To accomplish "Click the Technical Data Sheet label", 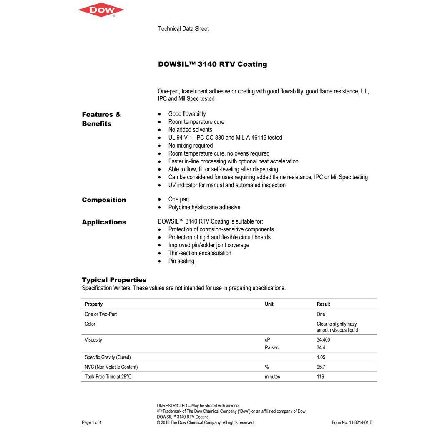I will click(183, 29).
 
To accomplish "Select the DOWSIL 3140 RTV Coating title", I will click(212, 64).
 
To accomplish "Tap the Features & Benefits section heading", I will click(101, 119).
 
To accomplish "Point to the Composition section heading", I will click(104, 200).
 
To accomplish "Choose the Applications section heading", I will click(104, 222).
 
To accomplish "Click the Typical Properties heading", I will click(114, 280).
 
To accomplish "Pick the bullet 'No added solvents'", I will click(190, 130).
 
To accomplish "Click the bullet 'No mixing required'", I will click(191, 146).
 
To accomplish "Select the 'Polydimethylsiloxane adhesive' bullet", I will click(204, 207).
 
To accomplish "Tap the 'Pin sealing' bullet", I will click(181, 261).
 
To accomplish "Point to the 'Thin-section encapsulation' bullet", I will click(200, 253).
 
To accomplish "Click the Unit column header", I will click(269, 304).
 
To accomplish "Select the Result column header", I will click(323, 304).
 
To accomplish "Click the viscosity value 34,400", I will click(323, 340).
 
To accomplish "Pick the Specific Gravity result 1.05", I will click(321, 357).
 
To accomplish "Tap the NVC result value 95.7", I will click(321, 367).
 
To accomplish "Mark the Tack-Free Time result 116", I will click(320, 377).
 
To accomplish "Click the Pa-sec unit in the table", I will click(271, 347).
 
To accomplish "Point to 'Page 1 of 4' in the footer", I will click(92, 422).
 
